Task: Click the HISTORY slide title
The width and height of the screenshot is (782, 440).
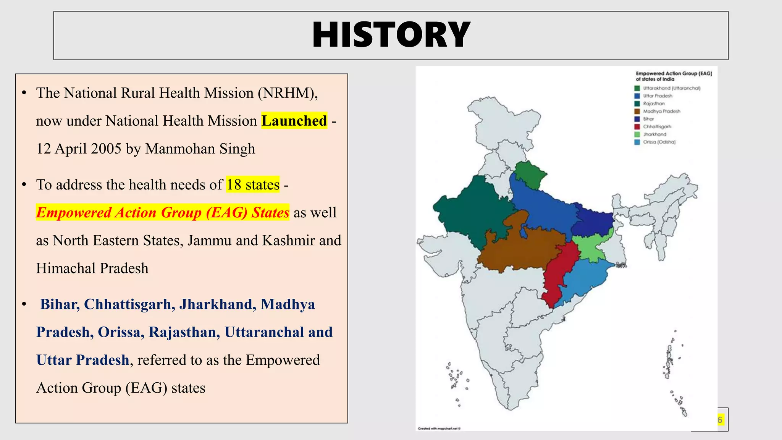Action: (391, 35)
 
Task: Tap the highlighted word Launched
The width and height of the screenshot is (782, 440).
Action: (294, 121)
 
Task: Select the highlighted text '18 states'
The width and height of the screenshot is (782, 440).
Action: (253, 185)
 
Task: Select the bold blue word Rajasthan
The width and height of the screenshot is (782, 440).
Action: (184, 332)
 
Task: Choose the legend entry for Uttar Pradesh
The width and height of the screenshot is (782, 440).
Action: (657, 96)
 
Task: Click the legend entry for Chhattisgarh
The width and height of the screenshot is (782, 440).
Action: (657, 126)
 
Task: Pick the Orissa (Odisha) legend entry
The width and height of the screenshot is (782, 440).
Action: (659, 142)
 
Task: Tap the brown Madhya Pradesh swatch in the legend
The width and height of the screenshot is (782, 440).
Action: (637, 111)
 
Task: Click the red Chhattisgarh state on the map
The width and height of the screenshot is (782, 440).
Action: (558, 275)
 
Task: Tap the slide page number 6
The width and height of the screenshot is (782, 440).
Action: (720, 420)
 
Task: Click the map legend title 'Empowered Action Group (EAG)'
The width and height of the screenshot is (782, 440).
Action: (674, 73)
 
